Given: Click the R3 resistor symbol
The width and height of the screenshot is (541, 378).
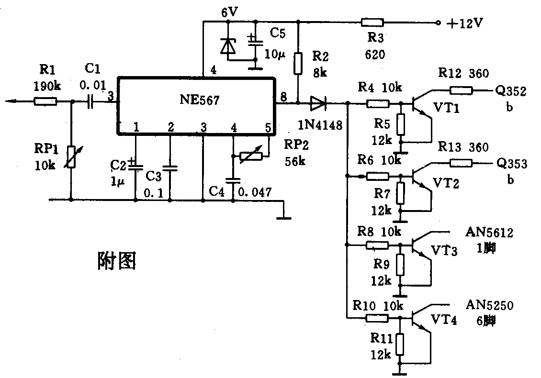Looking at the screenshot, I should coord(372,22).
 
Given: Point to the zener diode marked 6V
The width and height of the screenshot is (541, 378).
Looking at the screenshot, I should coord(228,46).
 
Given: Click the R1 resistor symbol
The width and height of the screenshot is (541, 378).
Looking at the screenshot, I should coord(46,101).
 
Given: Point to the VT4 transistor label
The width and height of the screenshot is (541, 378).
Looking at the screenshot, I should coord(444,319).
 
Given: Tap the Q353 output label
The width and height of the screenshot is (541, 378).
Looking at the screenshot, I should coord(512,164).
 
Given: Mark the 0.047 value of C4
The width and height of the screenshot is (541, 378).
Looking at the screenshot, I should coord(255,192).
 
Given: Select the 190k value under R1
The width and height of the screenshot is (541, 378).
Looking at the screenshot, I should coord(46,87).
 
